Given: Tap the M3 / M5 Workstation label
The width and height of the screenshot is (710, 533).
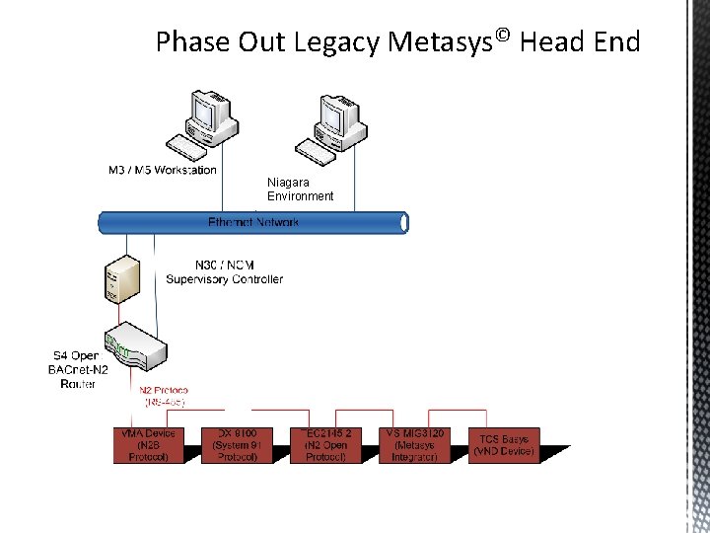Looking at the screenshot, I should pos(162,170).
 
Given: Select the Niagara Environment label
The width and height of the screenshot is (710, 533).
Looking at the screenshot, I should pos(300,189).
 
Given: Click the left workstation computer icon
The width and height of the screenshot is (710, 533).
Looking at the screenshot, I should pos(202,122).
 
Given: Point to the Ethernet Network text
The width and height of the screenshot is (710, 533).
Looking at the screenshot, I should pos(253,222).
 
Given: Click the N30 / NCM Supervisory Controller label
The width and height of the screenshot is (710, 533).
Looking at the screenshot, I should pos(224,271).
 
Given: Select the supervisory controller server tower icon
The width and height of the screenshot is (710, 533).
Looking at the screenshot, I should pos(118,280).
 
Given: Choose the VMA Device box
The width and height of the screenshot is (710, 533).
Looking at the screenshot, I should pos(148,445).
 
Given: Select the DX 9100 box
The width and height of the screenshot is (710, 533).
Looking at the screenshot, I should pos(237,445).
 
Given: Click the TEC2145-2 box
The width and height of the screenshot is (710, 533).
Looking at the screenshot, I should pos(326,445).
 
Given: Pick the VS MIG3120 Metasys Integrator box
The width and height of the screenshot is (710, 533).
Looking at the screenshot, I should pos(414,445).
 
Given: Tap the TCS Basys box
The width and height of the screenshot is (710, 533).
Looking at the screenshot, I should pos(504,445).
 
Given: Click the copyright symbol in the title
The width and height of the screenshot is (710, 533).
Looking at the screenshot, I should pos(502,36).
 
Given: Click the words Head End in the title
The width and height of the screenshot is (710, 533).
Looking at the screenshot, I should pos(580,42).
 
